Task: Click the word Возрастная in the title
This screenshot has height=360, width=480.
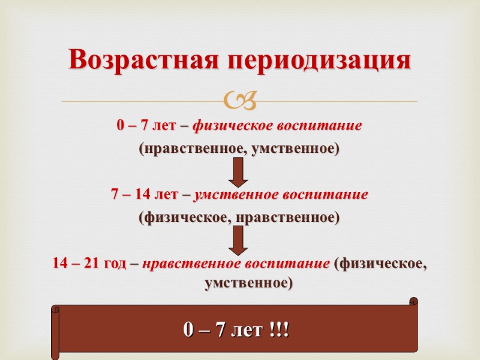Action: click(x=142, y=60)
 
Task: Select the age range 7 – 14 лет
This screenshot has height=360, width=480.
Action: click(x=144, y=196)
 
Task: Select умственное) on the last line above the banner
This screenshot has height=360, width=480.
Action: click(x=249, y=283)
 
